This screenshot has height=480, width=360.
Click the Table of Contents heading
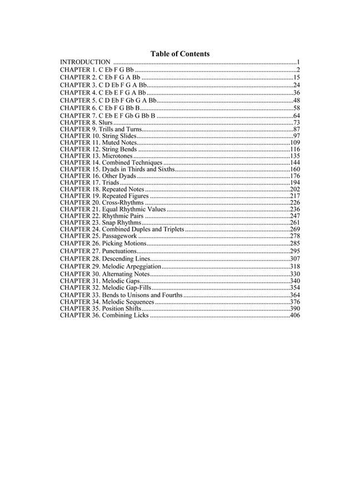point(180,54)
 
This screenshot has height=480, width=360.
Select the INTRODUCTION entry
point(85,62)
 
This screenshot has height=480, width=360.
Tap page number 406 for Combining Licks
point(295,316)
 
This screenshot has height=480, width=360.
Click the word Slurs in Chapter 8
point(106,122)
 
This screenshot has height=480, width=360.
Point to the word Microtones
point(117,156)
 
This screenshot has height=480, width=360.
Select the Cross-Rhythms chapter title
point(123,203)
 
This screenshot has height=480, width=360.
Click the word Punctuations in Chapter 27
point(119,251)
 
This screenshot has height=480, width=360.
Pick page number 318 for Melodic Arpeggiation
point(295,267)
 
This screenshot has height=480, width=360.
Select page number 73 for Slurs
point(297,122)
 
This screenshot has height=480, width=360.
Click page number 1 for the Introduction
point(298,62)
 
